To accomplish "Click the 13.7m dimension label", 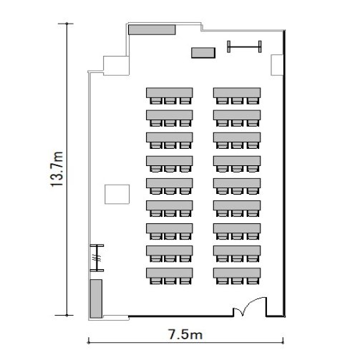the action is (57, 169).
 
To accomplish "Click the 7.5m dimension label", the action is (185, 334).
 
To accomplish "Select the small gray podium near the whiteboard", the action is (203, 53).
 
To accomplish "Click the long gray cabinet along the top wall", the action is (152, 29).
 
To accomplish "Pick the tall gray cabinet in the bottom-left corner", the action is (96, 298).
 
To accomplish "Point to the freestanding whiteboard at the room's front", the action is (244, 47).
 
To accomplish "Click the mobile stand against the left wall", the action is (97, 258).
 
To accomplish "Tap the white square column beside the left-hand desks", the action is (117, 194).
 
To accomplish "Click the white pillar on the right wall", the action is (277, 65).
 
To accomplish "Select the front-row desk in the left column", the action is (170, 92).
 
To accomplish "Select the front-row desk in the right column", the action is (237, 92).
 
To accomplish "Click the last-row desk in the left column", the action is (170, 273).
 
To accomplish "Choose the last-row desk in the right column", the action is (237, 273).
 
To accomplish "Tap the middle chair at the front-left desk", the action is (170, 101).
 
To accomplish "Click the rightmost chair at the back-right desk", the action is (253, 281).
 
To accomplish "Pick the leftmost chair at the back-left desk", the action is (156, 281).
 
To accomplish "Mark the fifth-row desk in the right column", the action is (237, 183).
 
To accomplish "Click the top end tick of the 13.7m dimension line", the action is (67, 24).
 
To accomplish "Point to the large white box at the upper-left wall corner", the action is (116, 66).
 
